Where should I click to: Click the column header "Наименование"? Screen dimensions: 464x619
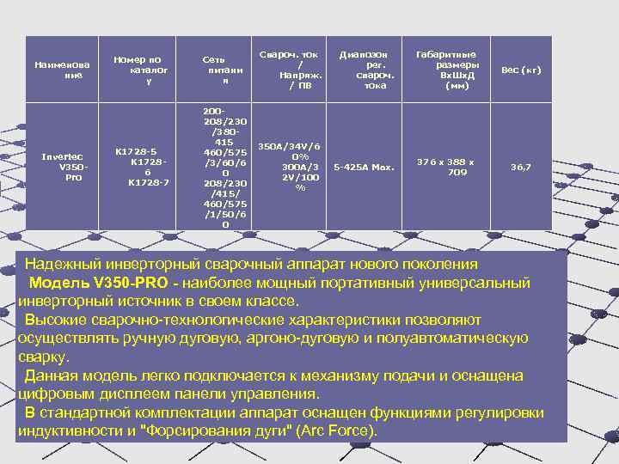60,70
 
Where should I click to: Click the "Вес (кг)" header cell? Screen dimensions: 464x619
521,70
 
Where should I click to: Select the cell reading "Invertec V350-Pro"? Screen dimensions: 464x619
60,167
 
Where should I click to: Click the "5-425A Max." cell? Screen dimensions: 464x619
364,167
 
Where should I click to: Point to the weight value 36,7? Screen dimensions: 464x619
521,167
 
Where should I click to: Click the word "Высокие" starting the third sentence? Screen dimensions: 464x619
56,320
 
